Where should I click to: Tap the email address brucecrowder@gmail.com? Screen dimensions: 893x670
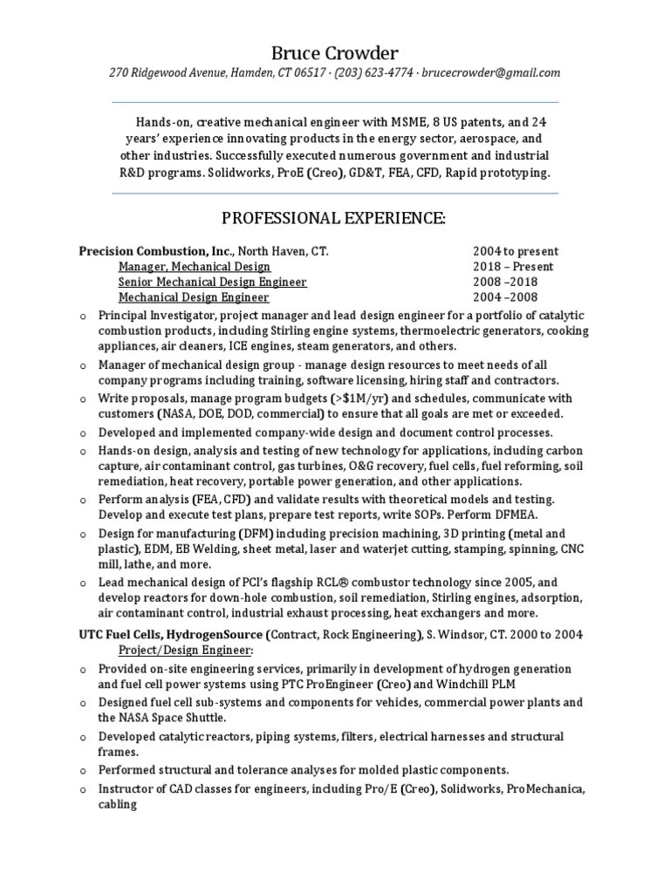click(490, 73)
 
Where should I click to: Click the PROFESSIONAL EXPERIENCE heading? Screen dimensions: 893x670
click(334, 219)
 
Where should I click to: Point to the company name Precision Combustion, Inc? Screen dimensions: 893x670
click(154, 251)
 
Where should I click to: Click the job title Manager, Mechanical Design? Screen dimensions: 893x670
click(194, 267)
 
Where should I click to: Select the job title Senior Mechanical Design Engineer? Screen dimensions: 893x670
click(212, 283)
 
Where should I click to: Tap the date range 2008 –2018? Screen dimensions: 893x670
click(505, 283)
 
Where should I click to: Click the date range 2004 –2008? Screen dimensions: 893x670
click(505, 298)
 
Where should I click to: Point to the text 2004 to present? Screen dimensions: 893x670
click(516, 251)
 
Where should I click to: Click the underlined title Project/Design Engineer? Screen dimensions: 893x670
click(186, 651)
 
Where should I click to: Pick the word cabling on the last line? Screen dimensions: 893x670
click(118, 804)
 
